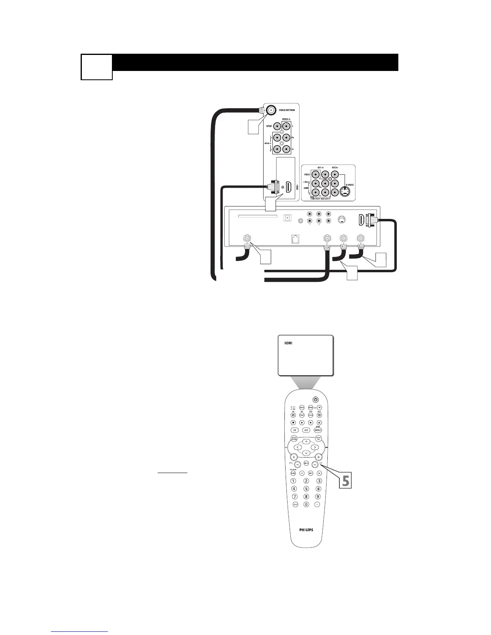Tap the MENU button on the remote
tap(318, 430)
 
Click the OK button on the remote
tap(294, 430)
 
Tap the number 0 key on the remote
tap(306, 504)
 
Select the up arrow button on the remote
tap(306, 441)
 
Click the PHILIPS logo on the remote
tap(306, 530)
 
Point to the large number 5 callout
tap(345, 480)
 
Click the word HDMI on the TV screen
tap(288, 344)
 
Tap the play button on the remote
tap(302, 423)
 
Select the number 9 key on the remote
tap(318, 496)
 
